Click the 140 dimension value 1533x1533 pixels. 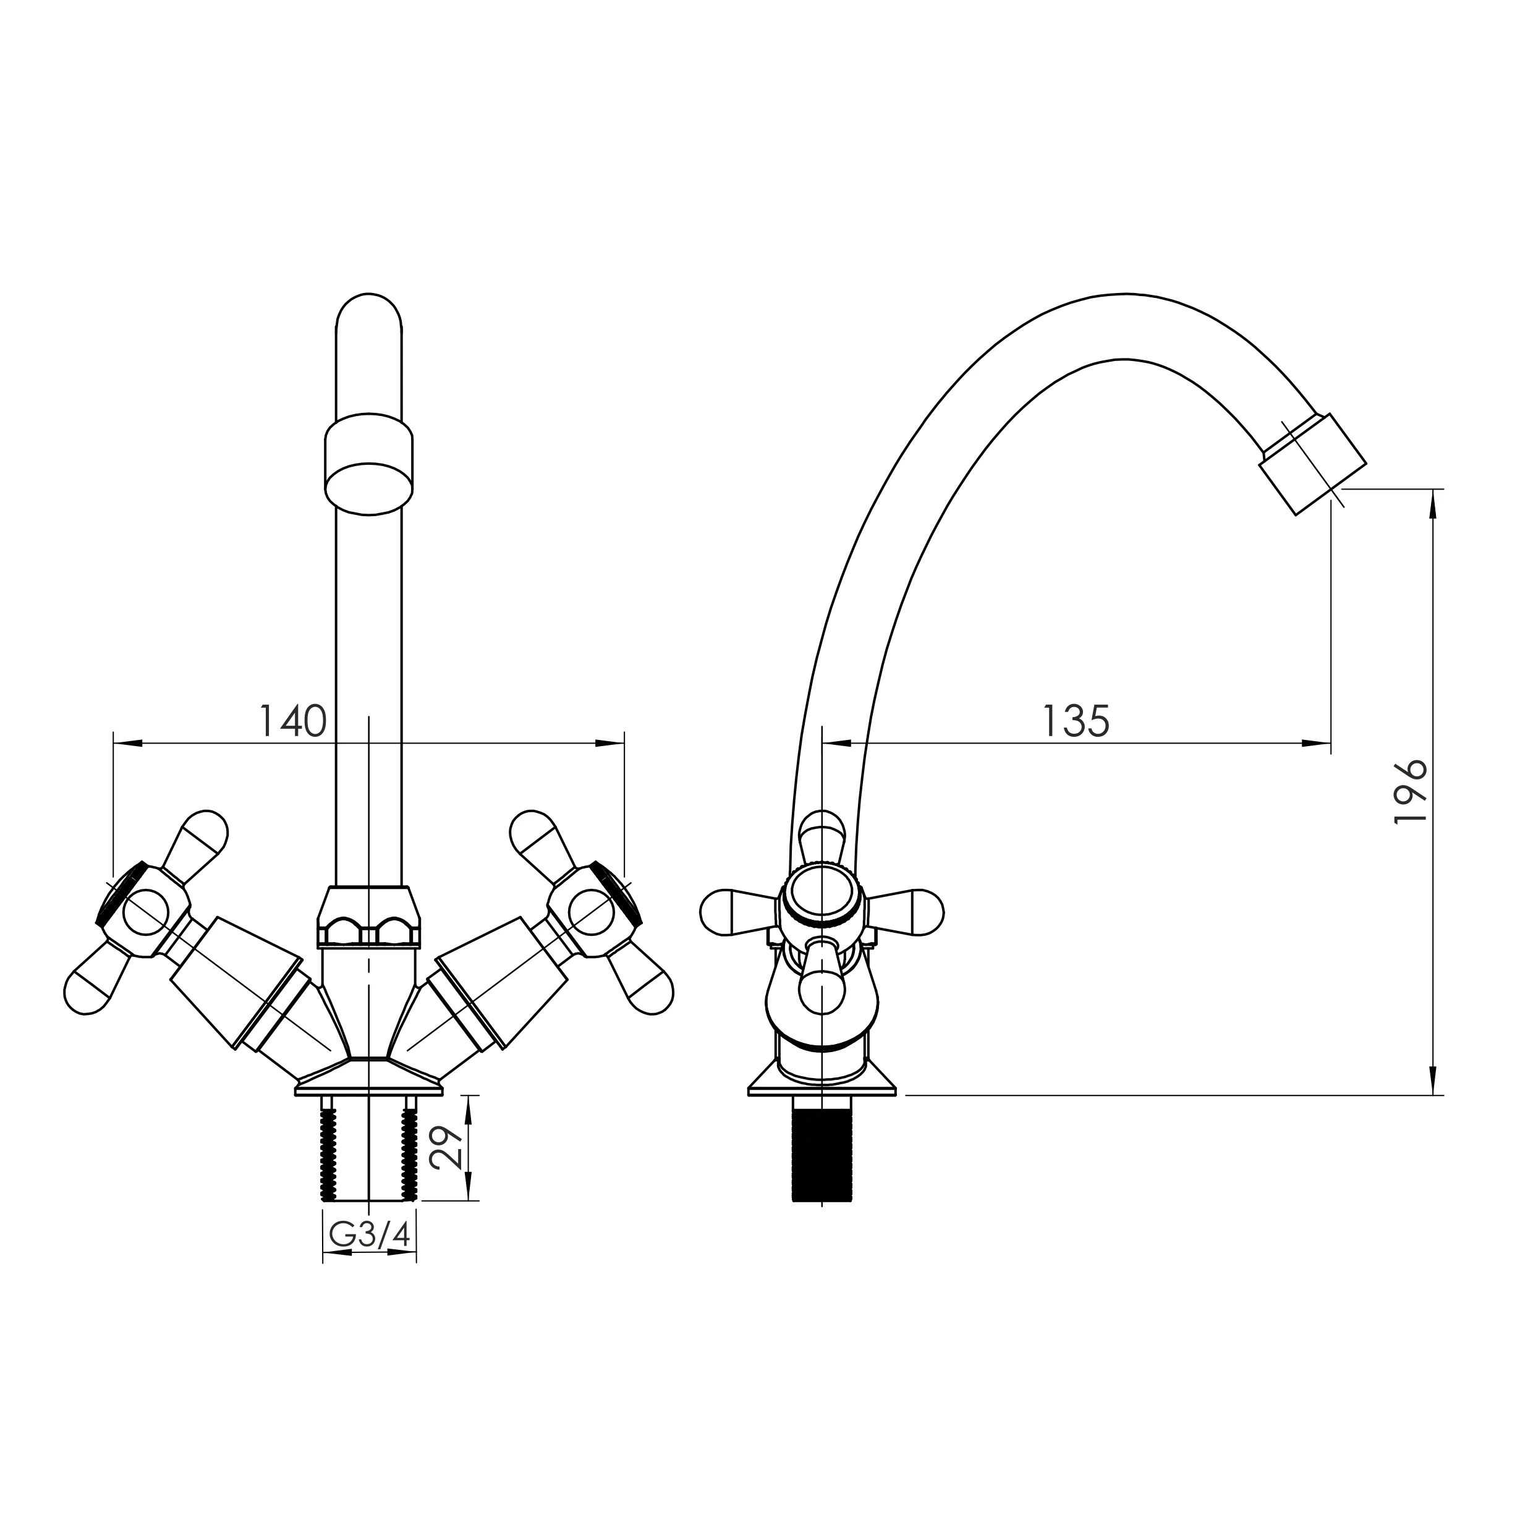point(294,721)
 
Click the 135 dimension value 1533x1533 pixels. point(1075,721)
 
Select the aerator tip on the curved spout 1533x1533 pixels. point(1313,464)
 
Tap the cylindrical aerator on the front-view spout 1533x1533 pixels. point(369,464)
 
